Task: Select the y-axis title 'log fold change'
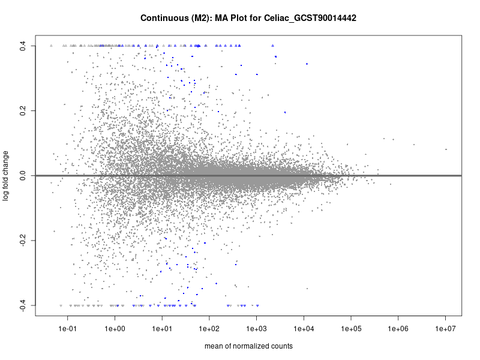[7, 175]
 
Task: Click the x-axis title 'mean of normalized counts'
[248, 346]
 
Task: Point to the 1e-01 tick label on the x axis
[67, 329]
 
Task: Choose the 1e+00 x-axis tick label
[115, 329]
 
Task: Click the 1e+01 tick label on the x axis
[162, 329]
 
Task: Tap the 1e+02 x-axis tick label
[209, 329]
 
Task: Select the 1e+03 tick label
[257, 329]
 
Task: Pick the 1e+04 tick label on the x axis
[304, 329]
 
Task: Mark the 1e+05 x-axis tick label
[351, 329]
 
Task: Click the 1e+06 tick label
[398, 329]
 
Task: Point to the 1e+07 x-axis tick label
[446, 329]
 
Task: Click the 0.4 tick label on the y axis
[22, 45]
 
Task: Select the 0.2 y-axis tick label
[22, 110]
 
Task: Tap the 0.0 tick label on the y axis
[22, 176]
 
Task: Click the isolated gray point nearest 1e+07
[446, 149]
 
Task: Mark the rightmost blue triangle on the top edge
[272, 45]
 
